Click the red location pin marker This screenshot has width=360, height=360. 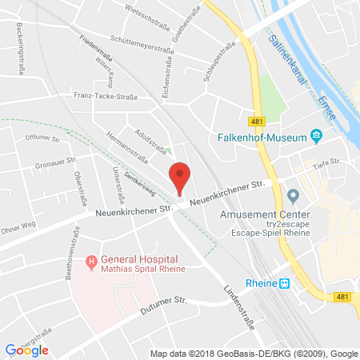tap(181, 177)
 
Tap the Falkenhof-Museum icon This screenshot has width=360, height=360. tap(317, 137)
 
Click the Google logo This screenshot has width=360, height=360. tap(27, 350)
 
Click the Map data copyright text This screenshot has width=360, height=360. tap(252, 353)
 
